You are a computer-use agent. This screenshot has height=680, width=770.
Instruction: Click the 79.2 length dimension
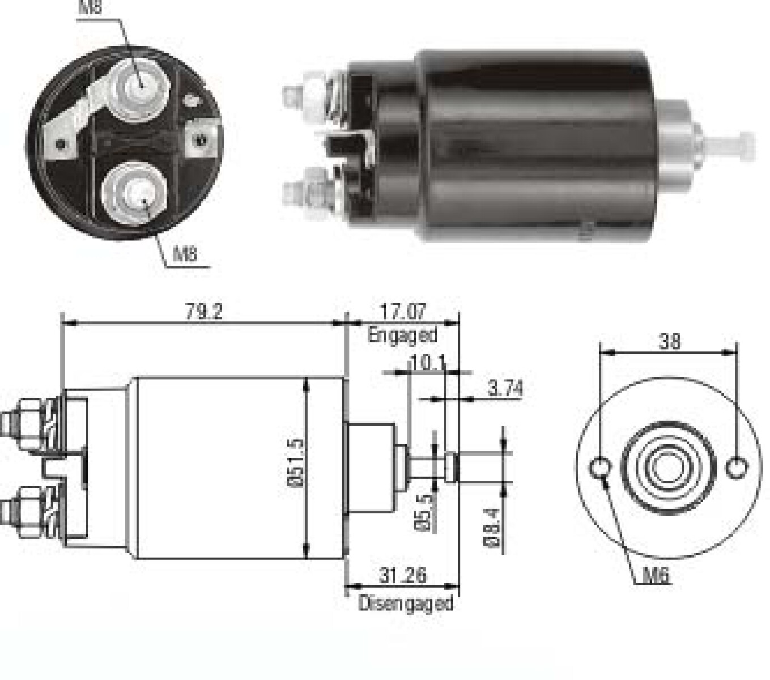pos(204,311)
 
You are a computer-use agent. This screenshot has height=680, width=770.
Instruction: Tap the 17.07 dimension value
pos(403,311)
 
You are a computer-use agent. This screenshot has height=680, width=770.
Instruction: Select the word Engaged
pos(402,335)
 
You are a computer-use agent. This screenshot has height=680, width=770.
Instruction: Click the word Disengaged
pos(406,603)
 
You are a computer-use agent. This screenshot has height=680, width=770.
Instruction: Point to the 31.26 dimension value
pos(403,575)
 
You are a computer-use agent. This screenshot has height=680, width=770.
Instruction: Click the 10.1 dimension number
pos(428,363)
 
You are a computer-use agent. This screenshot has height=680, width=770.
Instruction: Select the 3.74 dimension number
pos(505,388)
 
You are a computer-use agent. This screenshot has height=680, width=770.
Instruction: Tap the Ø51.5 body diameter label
pos(296,463)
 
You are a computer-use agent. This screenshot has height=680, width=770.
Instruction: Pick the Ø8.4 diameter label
pos(492,528)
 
